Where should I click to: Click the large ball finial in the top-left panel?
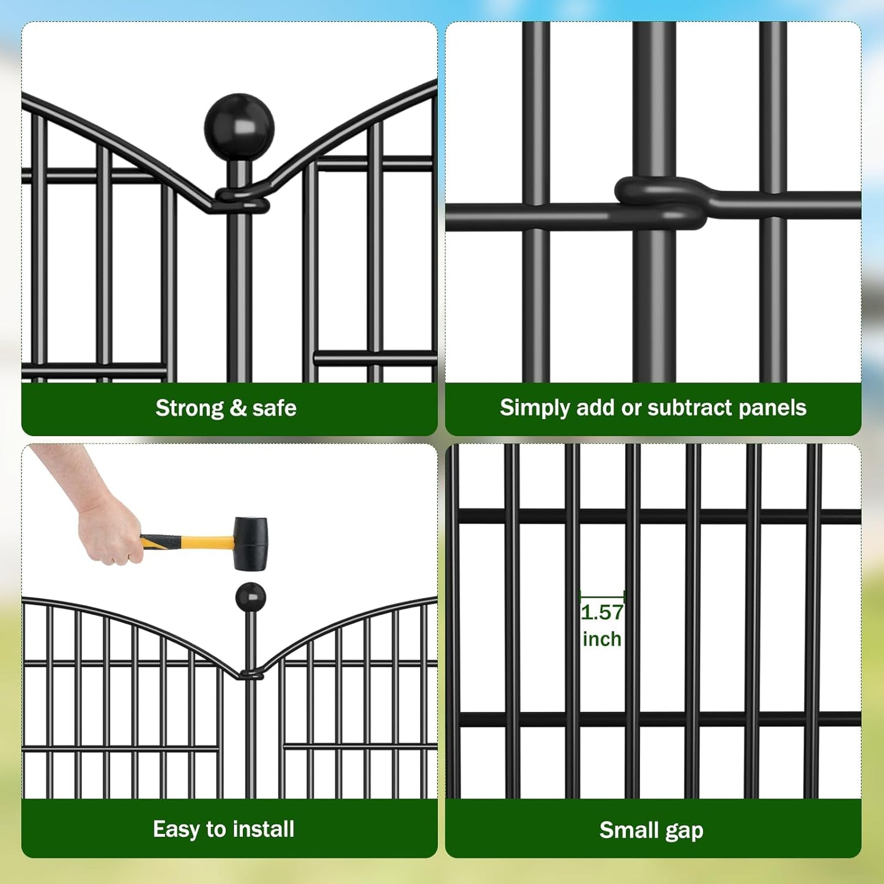point(239,127)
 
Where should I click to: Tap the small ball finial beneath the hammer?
point(250,596)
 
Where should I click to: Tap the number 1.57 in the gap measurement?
point(602,612)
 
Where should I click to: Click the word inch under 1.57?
point(602,639)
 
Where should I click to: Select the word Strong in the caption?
point(190,408)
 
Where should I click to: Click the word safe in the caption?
point(274,408)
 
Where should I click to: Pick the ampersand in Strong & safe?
point(238,408)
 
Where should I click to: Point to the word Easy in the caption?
point(176,830)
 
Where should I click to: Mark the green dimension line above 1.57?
point(602,595)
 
